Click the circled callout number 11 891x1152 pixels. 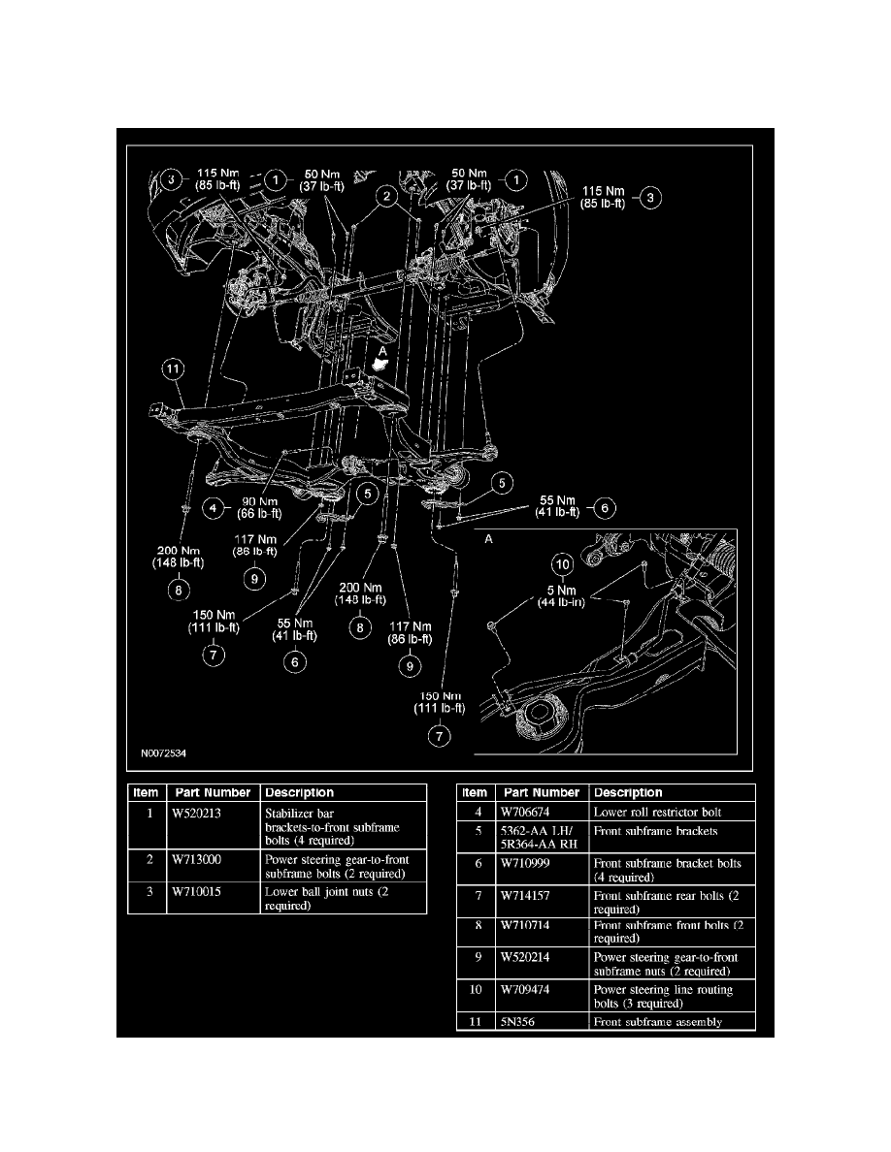[x=172, y=368]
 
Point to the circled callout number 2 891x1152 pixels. [x=386, y=198]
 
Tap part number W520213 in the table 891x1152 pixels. [x=195, y=814]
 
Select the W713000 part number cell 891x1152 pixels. [x=195, y=859]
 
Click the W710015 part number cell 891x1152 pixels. [x=195, y=890]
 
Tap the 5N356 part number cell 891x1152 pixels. [x=515, y=1021]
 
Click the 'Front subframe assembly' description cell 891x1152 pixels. [x=657, y=1021]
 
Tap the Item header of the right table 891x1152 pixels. [x=475, y=792]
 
